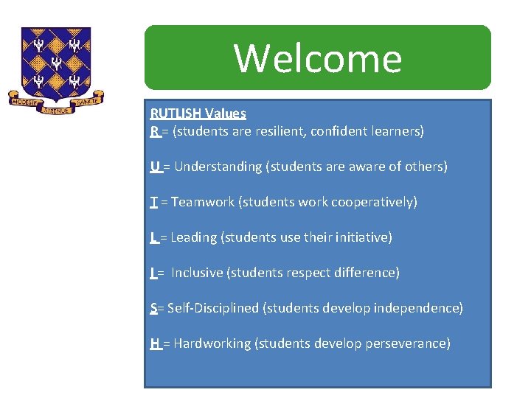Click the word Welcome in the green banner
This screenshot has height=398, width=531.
tap(318, 58)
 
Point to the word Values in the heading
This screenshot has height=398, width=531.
tap(226, 114)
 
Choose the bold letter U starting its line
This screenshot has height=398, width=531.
tap(155, 167)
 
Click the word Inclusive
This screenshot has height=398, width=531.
tap(197, 273)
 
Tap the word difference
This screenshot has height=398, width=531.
tap(365, 273)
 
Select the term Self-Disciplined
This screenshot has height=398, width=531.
tap(212, 308)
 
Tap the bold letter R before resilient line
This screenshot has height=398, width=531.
tap(154, 131)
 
